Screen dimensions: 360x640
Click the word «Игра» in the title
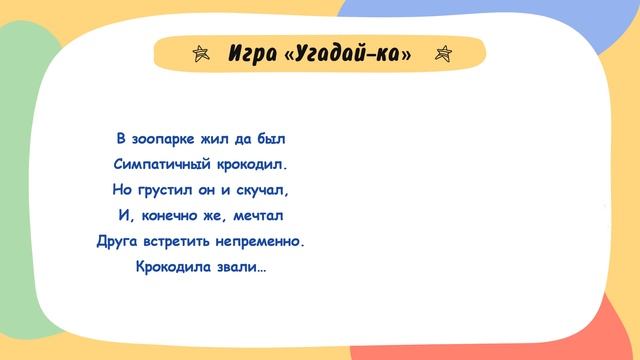252,54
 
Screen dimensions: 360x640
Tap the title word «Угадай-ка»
348,54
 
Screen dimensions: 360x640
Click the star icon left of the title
200,54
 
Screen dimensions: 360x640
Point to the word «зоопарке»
169,137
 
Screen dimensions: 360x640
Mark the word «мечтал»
260,215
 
